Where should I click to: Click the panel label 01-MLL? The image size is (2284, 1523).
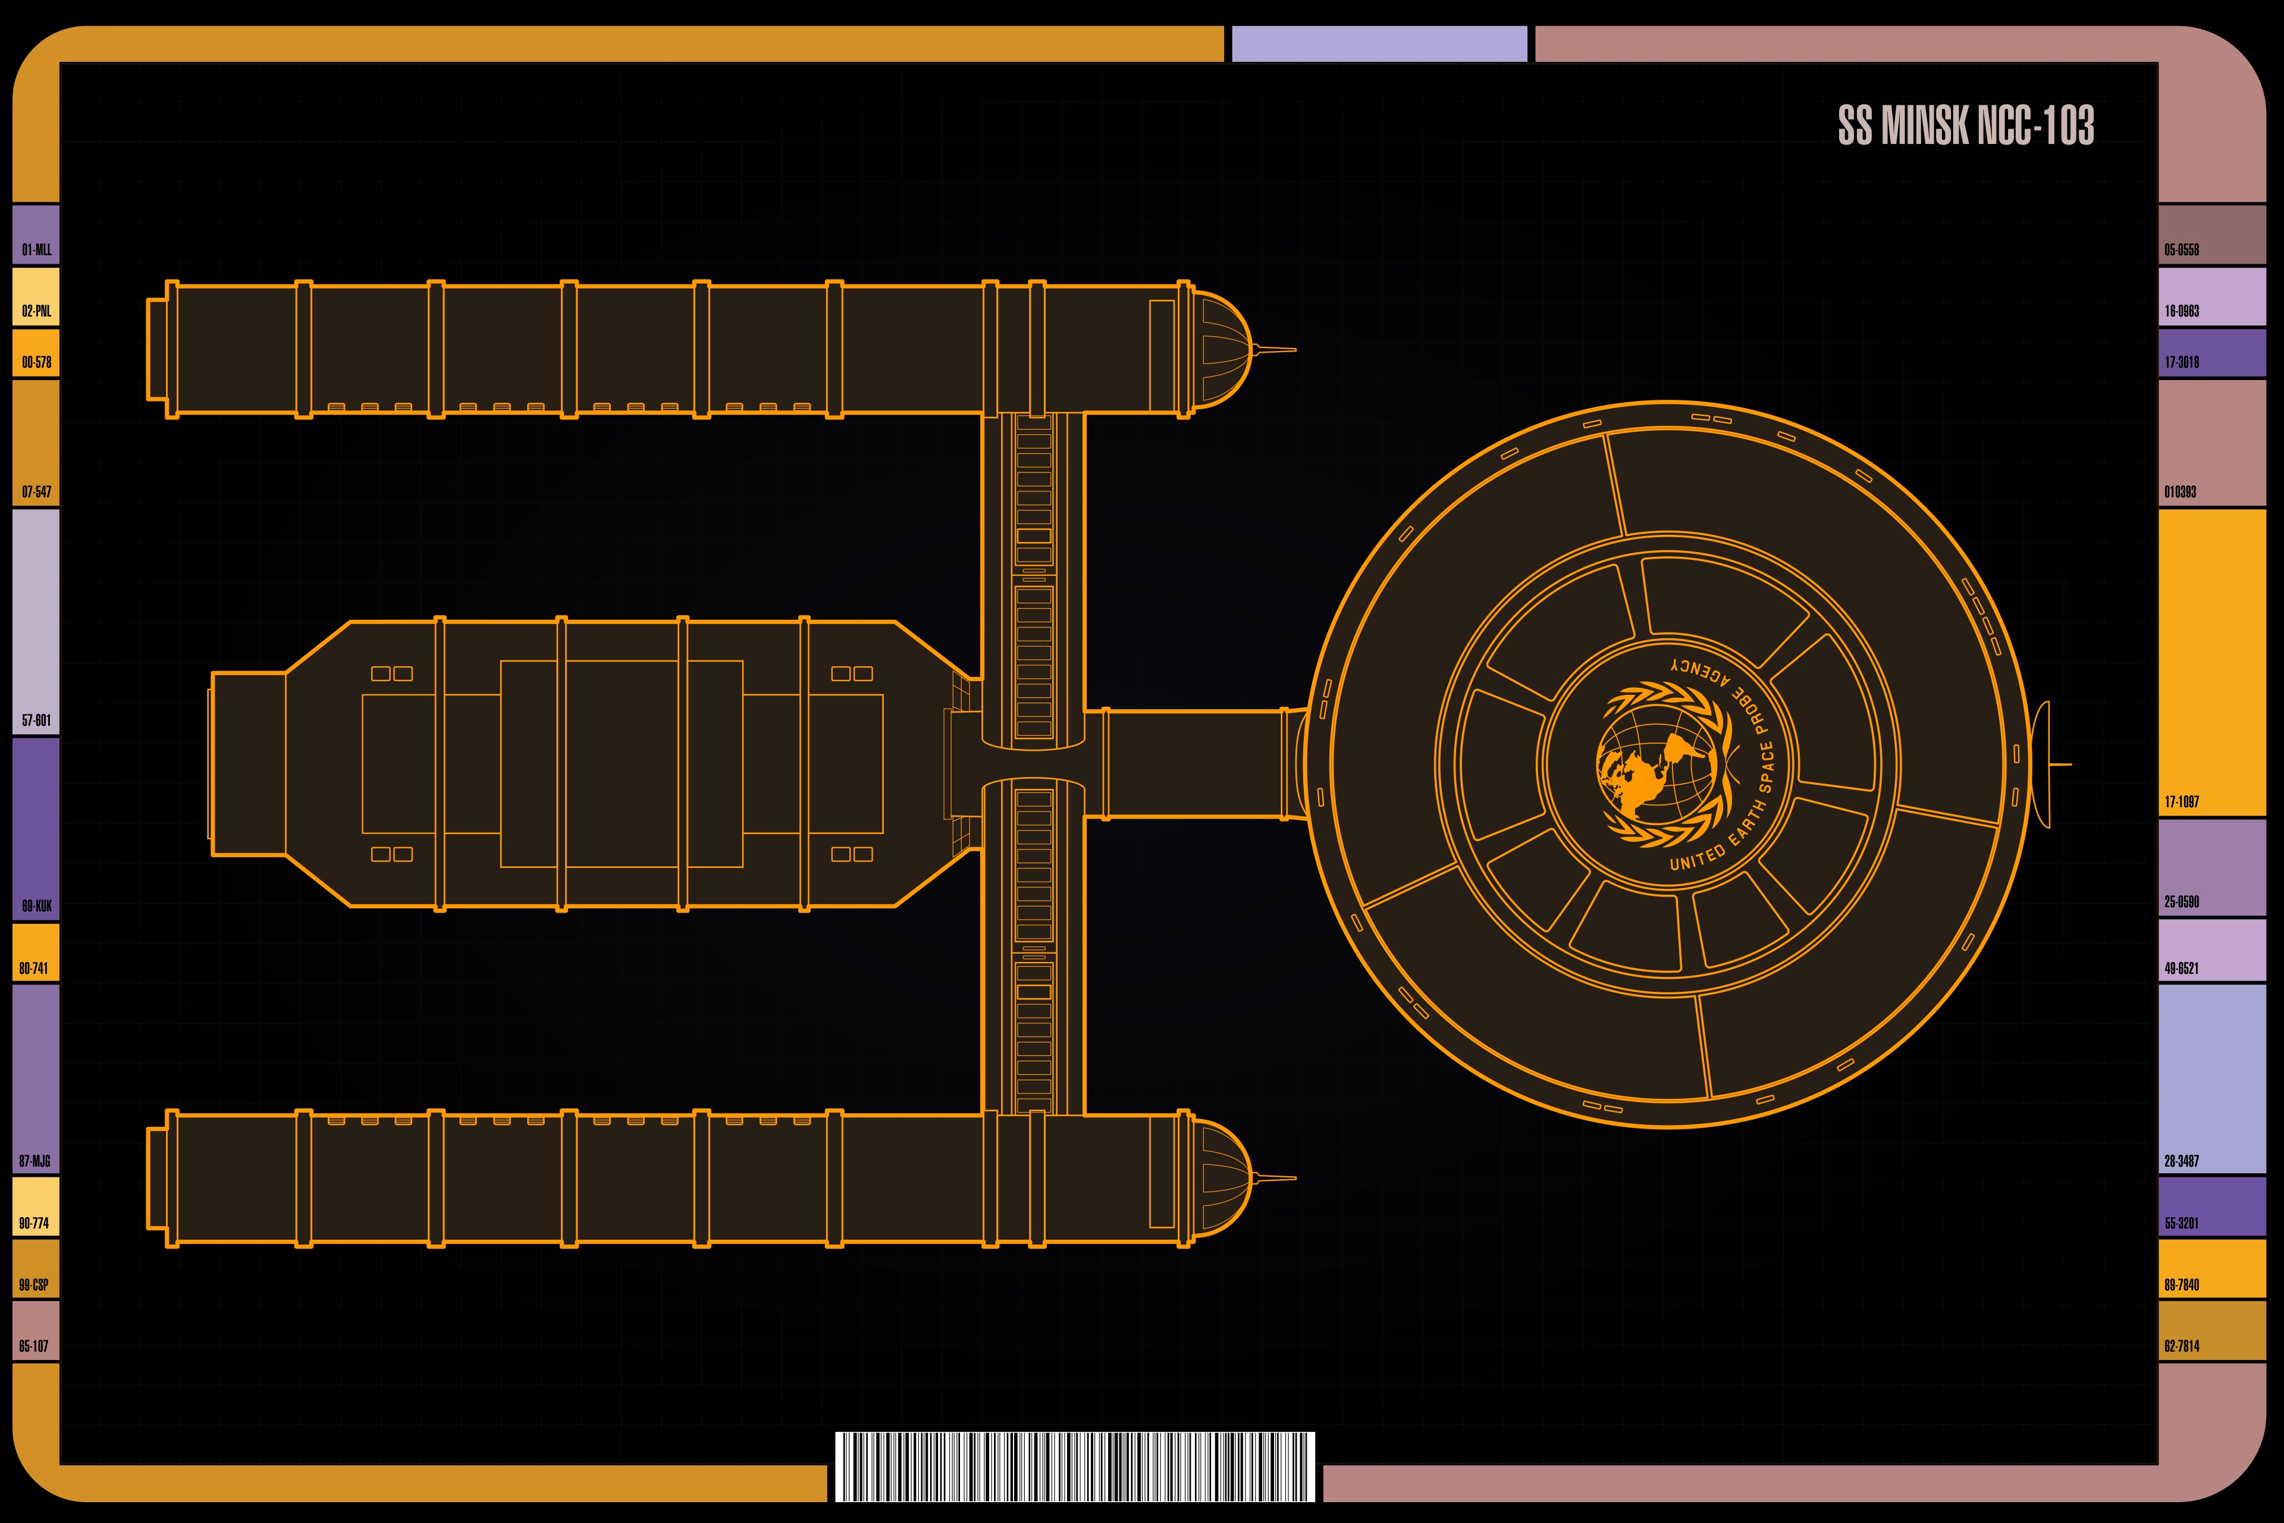tap(37, 250)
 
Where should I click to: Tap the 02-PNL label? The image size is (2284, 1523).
tap(37, 311)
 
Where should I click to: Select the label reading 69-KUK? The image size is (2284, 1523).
tap(37, 906)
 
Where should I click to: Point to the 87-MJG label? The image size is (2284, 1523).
tap(35, 1161)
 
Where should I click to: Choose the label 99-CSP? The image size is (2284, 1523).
tap(34, 1284)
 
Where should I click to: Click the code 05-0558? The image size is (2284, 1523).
tap(2181, 250)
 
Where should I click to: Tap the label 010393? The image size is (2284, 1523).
tap(2180, 491)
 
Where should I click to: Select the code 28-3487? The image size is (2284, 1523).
tap(2181, 1161)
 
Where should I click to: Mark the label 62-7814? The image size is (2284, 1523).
tap(2181, 1346)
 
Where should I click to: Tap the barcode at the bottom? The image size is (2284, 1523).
tap(1075, 1466)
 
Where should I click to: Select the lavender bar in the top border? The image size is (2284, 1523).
tap(1379, 43)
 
